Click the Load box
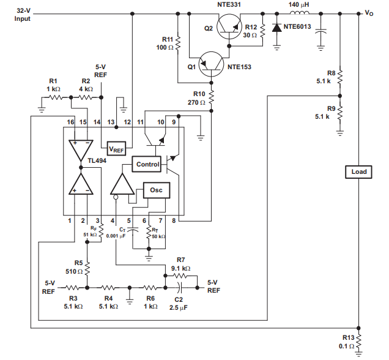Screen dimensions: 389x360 pos(358,172)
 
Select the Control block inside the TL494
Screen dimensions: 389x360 pos(146,164)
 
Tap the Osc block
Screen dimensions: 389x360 pos(157,190)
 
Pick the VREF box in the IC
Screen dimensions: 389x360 pos(116,148)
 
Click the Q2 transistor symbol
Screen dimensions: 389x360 pos(229,26)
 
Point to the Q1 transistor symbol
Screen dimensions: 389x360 pos(212,64)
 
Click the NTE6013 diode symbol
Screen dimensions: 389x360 pos(276,28)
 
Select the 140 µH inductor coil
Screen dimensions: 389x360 pos(299,13)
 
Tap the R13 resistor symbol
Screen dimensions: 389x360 pos(358,342)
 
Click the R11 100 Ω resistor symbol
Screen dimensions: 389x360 pos(178,43)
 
